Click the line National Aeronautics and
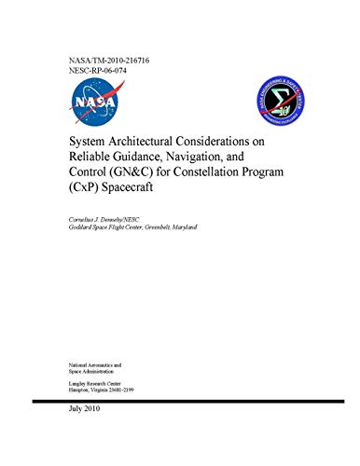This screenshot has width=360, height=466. pyautogui.click(x=100, y=358)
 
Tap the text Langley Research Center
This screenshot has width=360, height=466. pyautogui.click(x=96, y=380)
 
